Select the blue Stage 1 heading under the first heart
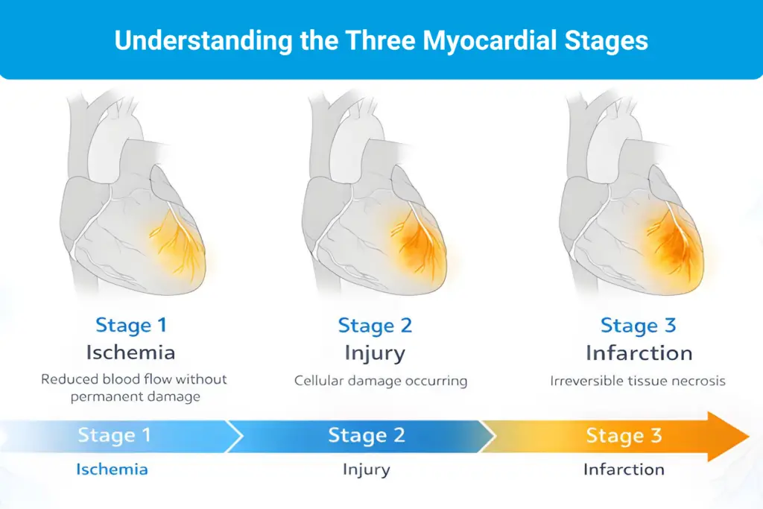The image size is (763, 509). coord(131,325)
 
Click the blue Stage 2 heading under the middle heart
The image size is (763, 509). coord(375,326)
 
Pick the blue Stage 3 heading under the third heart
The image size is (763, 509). coord(639,326)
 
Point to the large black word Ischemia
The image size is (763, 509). coord(131,352)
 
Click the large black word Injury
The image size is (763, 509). coord(375,352)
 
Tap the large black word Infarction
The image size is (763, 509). coord(639,352)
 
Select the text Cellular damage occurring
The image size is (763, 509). coord(381,381)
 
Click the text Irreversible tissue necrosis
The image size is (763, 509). coord(638,381)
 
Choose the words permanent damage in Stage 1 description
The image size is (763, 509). coord(136,396)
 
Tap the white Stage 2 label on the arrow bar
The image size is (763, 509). coord(367,435)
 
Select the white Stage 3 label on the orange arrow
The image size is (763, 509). coord(624,435)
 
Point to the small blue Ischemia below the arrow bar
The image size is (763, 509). coord(112,470)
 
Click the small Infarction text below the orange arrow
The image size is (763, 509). coord(624,470)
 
